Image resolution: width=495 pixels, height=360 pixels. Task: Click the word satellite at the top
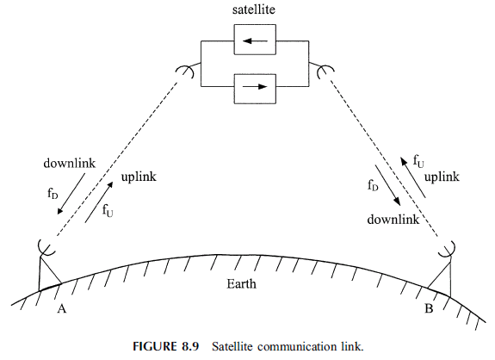coord(254,9)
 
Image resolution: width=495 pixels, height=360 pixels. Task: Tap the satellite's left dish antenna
coord(187,71)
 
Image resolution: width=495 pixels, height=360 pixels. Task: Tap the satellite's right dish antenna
coord(325,71)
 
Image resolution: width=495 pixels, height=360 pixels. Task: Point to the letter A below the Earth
coord(62,308)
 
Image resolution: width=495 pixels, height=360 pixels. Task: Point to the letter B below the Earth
coord(429,308)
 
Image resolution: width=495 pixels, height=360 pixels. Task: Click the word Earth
coord(241,284)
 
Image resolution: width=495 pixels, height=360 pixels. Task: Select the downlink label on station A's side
coord(70,164)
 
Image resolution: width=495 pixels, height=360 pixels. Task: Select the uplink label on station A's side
coord(139,177)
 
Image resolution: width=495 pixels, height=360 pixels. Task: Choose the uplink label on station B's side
coord(442,177)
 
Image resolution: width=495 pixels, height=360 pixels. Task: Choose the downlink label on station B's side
coord(393,219)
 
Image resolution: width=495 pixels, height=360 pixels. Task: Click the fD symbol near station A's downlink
coord(53,193)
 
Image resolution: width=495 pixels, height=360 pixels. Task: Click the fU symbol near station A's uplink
coord(108,210)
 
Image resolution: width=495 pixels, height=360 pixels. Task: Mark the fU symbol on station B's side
coord(418,161)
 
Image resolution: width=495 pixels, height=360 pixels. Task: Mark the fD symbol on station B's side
coord(373,185)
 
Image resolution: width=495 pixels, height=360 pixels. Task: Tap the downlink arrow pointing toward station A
coord(71,194)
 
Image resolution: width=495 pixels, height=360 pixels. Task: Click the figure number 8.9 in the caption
coord(190,346)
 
